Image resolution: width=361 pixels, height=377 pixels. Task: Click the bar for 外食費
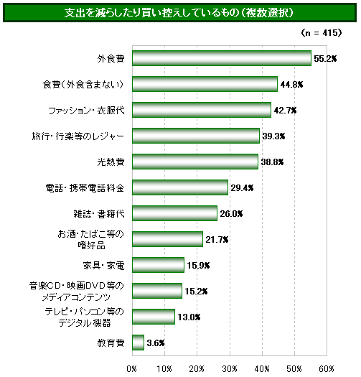point(222,58)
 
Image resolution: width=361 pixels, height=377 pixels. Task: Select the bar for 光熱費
point(195,162)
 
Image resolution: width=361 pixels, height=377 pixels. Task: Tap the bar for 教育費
point(139,343)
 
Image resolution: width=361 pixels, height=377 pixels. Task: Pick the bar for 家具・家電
point(158,265)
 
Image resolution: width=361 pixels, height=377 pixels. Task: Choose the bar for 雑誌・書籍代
point(174,213)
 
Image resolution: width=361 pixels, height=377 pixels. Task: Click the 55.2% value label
point(325,59)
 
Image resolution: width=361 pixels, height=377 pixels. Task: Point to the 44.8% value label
point(291,85)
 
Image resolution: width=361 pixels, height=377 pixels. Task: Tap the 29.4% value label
point(242,188)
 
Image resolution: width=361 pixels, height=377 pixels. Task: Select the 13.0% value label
point(189,317)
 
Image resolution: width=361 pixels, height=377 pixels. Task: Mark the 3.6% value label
point(156,343)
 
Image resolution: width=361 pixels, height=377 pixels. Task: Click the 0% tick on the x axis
point(132,369)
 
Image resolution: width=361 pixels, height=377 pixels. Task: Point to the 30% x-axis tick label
point(230,369)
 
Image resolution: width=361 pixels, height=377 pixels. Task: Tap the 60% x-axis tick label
point(327,369)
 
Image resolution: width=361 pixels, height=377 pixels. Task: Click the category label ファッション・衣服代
point(87,111)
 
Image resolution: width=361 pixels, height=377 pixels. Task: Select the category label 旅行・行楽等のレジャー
point(78,136)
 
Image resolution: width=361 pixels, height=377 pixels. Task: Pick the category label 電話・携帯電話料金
point(85,188)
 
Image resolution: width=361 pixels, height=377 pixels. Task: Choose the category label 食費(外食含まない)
point(83,85)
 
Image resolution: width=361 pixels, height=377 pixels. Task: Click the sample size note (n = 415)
point(322,33)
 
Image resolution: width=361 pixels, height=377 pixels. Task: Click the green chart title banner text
point(179,13)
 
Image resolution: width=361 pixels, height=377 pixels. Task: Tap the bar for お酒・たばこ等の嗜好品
point(167,239)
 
